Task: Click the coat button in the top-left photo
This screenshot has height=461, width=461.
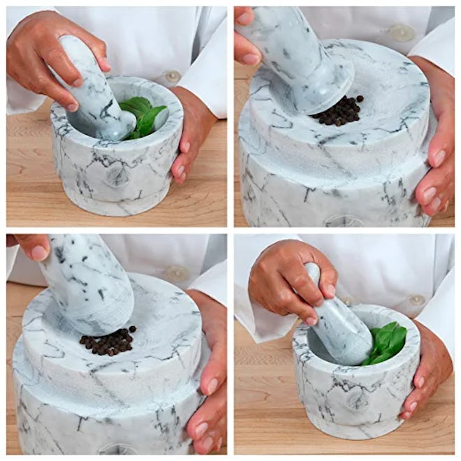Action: tap(171, 76)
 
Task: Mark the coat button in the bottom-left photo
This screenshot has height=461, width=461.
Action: tap(175, 274)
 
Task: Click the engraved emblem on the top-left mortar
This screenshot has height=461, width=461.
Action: tap(117, 174)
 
